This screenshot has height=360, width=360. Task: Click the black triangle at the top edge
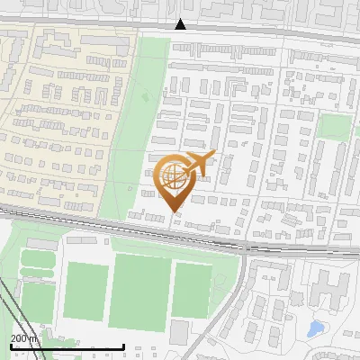[180, 24]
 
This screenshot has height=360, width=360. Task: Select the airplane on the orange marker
[199, 165]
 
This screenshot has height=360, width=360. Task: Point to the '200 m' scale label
[24, 337]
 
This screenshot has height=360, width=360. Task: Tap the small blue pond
[315, 329]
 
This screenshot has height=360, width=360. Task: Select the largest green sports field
[139, 291]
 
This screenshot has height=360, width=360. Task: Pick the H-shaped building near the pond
[334, 290]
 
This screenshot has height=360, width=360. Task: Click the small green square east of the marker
[334, 127]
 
